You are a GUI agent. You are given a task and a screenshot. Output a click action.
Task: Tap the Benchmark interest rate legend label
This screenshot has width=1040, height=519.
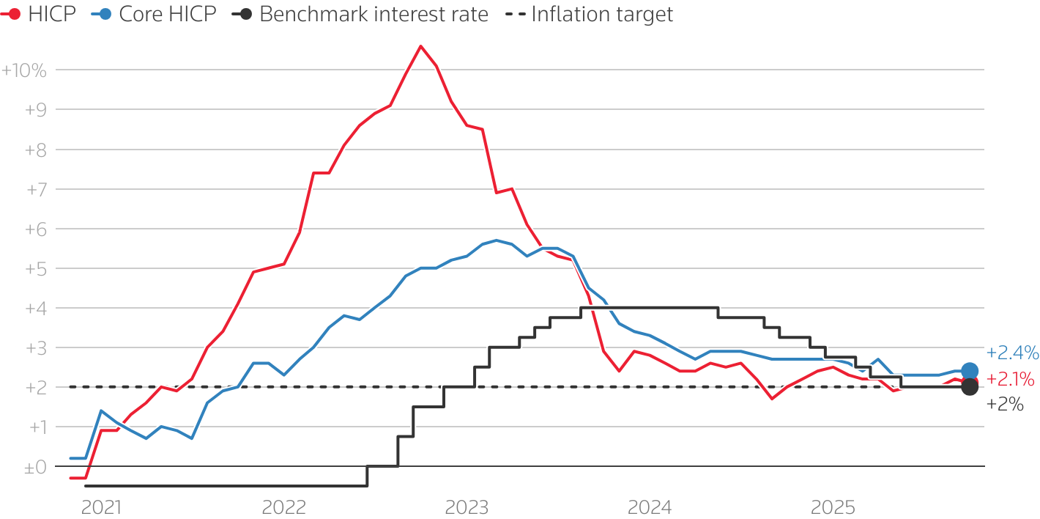point(363,14)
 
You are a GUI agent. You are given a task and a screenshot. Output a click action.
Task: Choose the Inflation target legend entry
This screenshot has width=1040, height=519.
point(590,14)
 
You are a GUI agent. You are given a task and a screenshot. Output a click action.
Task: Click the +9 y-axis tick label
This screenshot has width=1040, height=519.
point(35,111)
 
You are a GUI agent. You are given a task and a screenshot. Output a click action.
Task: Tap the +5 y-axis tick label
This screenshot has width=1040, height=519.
point(35,269)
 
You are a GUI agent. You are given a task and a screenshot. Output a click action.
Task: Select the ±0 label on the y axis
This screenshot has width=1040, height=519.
point(35,467)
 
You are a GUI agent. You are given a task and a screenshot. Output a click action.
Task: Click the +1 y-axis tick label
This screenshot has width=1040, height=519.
point(35,427)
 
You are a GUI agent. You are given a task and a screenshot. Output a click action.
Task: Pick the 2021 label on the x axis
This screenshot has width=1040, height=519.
point(101,507)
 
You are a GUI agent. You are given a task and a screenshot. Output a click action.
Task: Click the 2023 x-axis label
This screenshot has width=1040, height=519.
point(467,507)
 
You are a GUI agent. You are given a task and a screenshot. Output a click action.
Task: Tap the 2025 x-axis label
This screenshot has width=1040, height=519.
point(832,507)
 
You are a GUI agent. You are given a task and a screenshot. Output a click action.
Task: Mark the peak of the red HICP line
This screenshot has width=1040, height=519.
point(420,46)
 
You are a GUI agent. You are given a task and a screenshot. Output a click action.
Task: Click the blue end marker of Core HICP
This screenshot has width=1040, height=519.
point(969,371)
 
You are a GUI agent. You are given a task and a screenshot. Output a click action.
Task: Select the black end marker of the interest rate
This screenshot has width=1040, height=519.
point(969,387)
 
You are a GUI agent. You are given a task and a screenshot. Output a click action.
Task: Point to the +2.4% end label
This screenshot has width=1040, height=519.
point(1012,353)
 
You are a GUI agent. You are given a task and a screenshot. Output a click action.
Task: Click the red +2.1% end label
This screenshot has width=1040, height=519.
point(1011,380)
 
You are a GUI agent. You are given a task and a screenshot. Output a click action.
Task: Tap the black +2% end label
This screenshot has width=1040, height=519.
point(1005,404)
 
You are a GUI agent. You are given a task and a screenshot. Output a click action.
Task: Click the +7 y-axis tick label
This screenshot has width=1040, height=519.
point(35,190)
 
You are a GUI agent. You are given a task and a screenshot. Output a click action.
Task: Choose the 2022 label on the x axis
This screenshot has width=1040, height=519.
point(283,507)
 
